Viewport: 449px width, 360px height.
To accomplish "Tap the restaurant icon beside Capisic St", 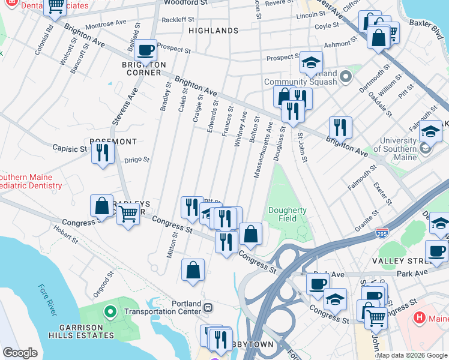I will click(x=103, y=152).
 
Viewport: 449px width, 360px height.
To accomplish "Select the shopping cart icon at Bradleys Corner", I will click(x=128, y=212).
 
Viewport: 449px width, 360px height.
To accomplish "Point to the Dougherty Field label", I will click(x=288, y=214).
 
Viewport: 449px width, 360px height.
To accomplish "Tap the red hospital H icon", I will click(x=420, y=317).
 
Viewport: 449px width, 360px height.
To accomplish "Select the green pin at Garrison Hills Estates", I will click(x=110, y=311).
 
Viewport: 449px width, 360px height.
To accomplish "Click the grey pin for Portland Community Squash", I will click(x=345, y=76).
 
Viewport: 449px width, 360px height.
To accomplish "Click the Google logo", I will click(x=20, y=353).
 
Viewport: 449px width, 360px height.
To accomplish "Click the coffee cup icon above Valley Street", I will click(x=436, y=251).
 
